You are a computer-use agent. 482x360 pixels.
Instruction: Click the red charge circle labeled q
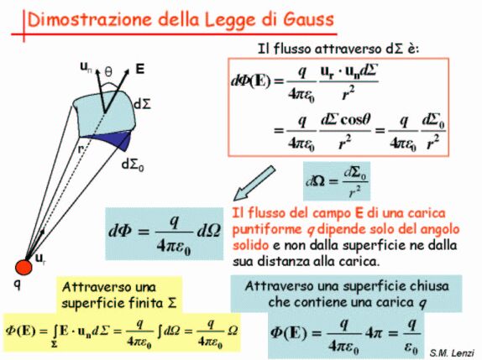tap(24, 267)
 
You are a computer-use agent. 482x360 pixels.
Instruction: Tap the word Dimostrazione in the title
tap(90, 19)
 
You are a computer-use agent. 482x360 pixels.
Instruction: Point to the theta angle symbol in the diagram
tap(108, 72)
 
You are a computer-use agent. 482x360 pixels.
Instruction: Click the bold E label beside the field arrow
tap(140, 69)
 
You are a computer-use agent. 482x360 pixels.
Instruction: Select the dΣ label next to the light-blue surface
tap(143, 104)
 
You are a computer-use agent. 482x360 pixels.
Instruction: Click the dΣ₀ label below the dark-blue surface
tap(133, 165)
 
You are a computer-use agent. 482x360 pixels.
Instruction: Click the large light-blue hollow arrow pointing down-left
tap(254, 184)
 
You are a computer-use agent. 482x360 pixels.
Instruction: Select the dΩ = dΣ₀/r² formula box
tap(337, 181)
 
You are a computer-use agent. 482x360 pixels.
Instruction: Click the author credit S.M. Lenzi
tap(452, 352)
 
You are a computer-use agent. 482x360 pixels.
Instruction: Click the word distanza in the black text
tap(284, 262)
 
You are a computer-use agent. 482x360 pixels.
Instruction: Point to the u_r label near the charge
tap(40, 258)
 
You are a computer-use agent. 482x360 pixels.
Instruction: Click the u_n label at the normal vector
tap(86, 67)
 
